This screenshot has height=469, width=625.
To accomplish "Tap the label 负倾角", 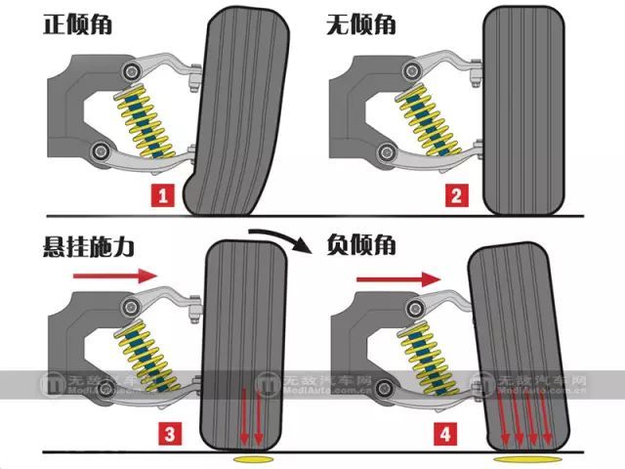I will tap(361, 246).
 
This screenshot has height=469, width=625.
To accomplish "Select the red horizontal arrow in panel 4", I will tap(396, 279).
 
